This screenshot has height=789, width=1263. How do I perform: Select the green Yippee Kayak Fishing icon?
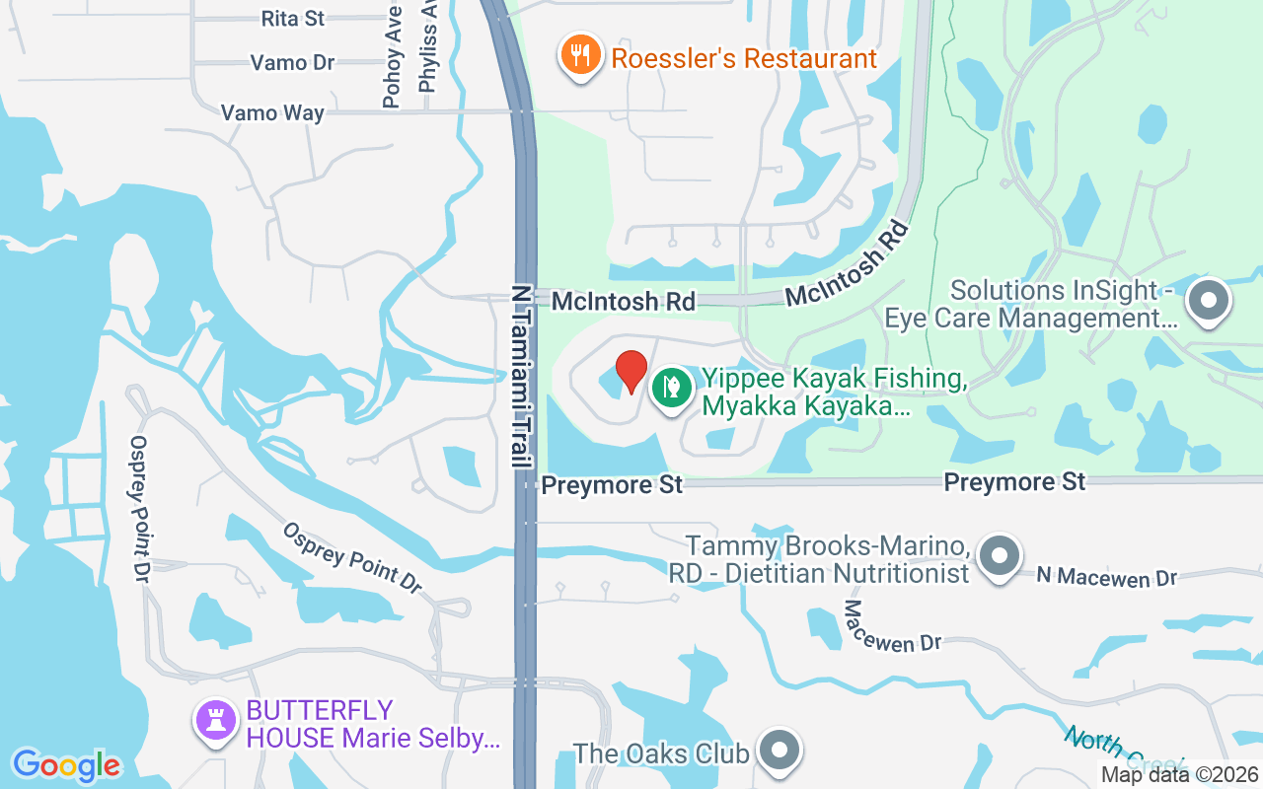[671, 387]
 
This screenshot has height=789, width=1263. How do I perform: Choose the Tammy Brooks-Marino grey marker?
[1000, 556]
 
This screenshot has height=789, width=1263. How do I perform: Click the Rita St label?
[293, 18]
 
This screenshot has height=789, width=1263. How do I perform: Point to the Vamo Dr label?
[292, 63]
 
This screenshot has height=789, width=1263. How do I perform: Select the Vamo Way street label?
[272, 112]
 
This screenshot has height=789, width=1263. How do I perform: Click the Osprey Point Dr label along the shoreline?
[139, 509]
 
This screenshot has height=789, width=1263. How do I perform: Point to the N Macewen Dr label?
[1106, 577]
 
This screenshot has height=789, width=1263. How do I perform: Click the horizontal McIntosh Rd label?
[624, 301]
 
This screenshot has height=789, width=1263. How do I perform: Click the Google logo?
[66, 765]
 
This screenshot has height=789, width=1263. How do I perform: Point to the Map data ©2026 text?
[1178, 775]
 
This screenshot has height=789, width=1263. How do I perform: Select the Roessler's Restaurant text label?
[744, 58]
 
